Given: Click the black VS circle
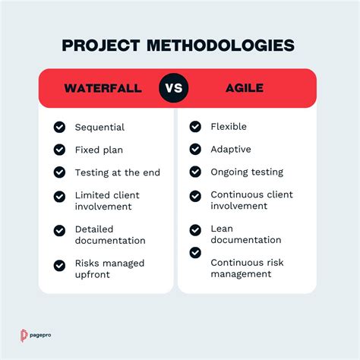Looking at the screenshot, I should [x=175, y=88].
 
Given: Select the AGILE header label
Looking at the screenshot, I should [x=245, y=88].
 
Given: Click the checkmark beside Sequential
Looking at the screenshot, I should [x=60, y=127].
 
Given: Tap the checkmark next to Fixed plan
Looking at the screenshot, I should [x=60, y=150].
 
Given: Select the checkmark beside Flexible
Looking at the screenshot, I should [x=195, y=127].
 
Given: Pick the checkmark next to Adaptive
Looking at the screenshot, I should [x=195, y=150].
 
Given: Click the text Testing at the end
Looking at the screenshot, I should [x=117, y=172].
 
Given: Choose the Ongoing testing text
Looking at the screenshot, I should [x=247, y=172].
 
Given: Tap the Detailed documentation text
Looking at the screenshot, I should [x=109, y=235].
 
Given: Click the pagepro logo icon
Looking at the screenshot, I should [x=24, y=335].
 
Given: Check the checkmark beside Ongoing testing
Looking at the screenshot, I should [x=195, y=172].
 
